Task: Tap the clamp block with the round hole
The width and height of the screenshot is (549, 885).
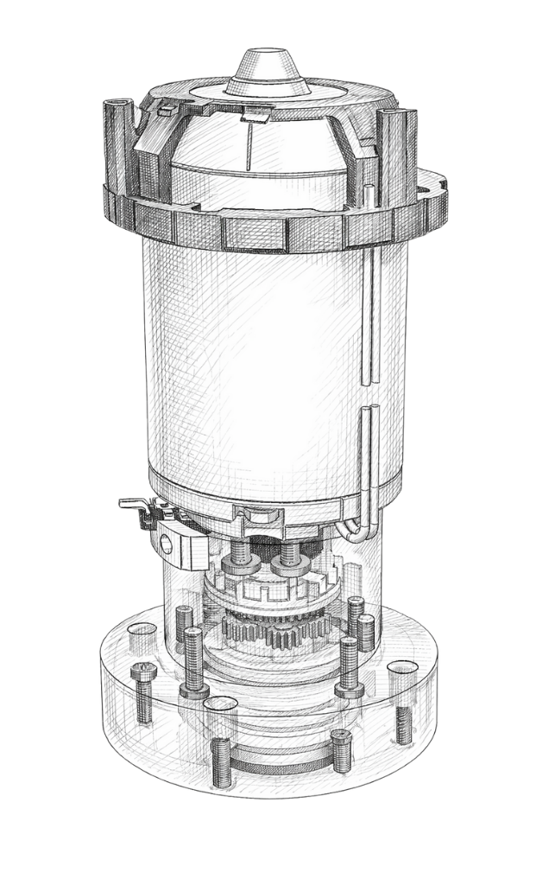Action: click(x=181, y=541)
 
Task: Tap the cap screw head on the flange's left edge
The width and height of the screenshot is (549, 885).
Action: click(x=142, y=671)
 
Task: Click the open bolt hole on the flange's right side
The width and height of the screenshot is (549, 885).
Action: click(x=402, y=671)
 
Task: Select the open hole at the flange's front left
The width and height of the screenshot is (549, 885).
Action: click(x=219, y=704)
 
